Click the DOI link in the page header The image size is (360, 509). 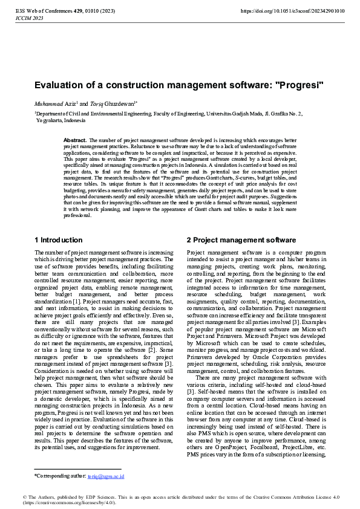(293, 11)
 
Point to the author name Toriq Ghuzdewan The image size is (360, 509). (113, 103)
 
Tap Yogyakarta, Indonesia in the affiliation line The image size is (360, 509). (61, 120)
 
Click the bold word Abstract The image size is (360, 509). (75, 140)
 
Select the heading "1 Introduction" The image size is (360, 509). (59, 240)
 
